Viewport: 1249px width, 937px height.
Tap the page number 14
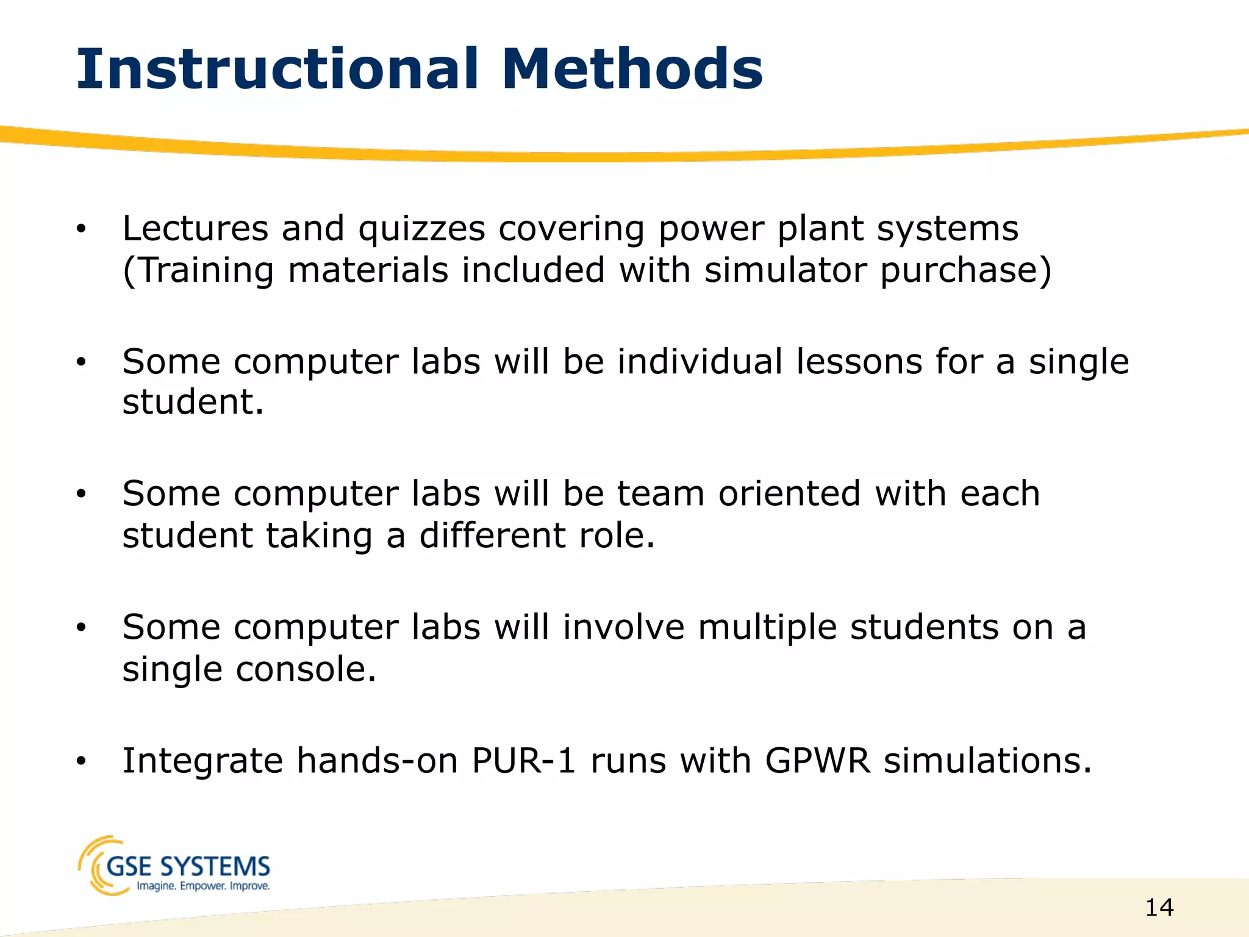[x=1159, y=908]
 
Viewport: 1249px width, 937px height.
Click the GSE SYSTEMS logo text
[x=188, y=866]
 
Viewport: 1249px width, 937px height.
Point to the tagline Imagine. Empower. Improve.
[x=202, y=886]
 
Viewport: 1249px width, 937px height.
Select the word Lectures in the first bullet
[x=195, y=228]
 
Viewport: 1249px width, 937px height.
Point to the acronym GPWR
[x=817, y=761]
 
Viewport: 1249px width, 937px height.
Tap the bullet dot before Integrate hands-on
[x=81, y=761]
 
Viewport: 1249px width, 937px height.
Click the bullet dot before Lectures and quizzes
[x=81, y=229]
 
